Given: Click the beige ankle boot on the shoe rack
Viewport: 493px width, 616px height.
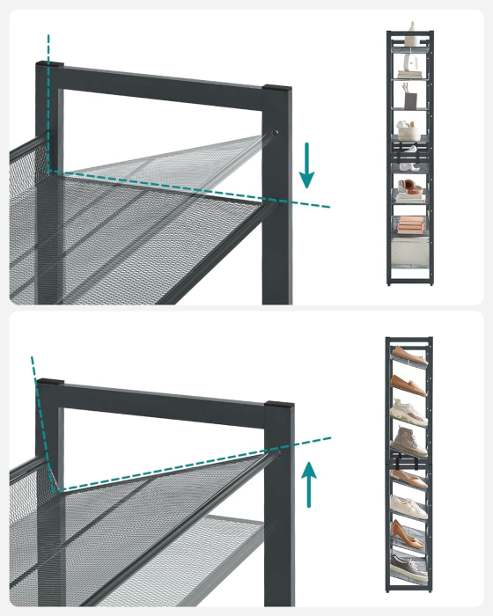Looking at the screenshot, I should [408, 438].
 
